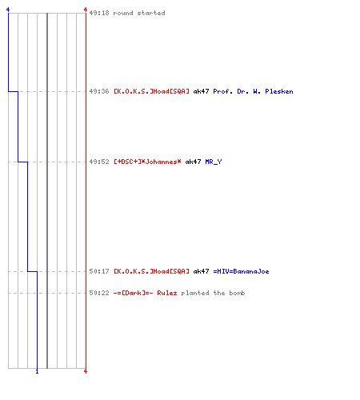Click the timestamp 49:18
[99, 13]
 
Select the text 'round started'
[139, 13]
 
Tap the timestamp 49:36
[99, 91]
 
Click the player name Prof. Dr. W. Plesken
[253, 91]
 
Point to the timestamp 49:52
[99, 162]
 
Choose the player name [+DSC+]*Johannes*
[147, 162]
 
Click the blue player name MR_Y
[214, 162]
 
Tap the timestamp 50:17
[99, 271]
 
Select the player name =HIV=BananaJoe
[241, 271]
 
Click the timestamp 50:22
[99, 293]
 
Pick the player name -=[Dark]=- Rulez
[145, 293]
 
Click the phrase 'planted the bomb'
[213, 293]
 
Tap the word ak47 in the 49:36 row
[201, 91]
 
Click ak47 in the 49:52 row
[193, 162]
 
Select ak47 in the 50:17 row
[201, 271]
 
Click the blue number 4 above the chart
[8, 10]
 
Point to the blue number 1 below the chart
[37, 371]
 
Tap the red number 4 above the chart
[86, 10]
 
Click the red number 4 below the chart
[86, 371]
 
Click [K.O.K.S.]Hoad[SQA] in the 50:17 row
[151, 271]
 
